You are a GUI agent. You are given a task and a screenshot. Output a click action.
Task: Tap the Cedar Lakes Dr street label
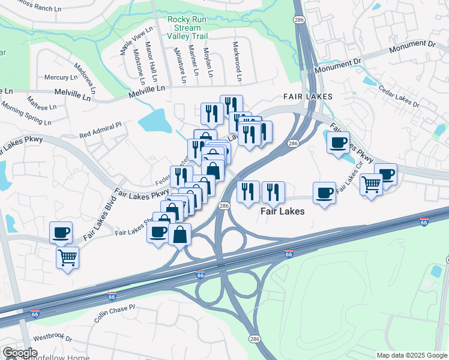(399, 96)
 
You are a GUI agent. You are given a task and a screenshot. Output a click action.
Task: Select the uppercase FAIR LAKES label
(304, 97)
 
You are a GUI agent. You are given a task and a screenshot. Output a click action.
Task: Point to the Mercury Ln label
(61, 77)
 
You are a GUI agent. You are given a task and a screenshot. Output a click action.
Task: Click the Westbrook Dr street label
(52, 338)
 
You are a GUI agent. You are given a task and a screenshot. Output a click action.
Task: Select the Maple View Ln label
(133, 41)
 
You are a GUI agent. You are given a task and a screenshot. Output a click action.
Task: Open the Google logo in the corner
(20, 353)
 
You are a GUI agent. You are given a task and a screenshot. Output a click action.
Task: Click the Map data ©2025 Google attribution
(411, 355)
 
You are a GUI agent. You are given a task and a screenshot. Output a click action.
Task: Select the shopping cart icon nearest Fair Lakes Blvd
(67, 257)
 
